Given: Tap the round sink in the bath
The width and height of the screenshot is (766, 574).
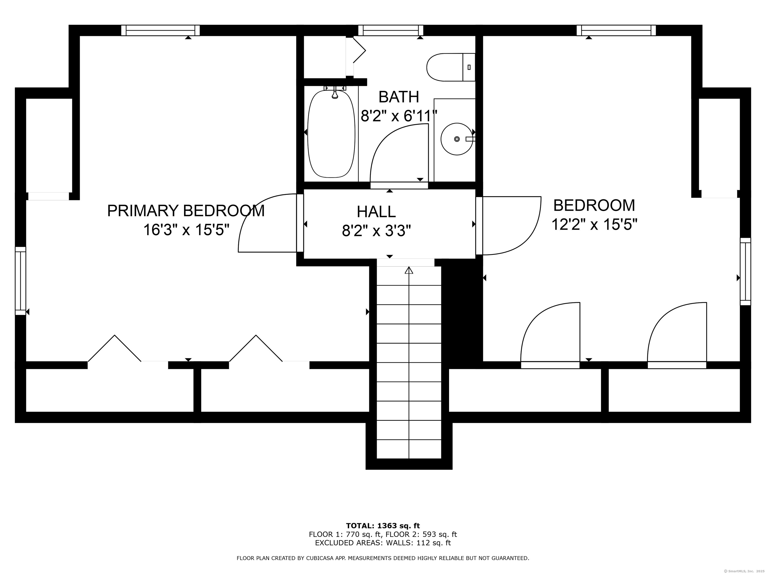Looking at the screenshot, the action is click(457, 139).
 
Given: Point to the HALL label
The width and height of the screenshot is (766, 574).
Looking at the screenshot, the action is click(377, 212).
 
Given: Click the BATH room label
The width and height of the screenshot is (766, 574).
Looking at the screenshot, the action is click(399, 97).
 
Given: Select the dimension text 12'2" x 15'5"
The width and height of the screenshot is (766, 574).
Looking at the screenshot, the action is click(594, 224).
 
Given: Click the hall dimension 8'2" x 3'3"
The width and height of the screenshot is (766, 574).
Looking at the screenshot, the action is click(377, 231).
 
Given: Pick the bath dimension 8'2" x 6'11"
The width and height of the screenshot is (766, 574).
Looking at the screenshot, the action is click(399, 116).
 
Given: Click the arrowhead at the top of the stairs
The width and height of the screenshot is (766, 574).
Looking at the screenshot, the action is click(409, 270).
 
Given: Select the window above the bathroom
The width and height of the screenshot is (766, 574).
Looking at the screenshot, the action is click(391, 30).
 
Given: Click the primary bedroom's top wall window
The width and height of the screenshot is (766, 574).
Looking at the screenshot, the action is click(161, 30).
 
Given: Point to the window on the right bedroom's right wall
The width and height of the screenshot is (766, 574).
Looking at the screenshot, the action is click(746, 272).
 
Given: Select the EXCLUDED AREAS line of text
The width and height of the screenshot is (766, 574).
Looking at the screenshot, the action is click(383, 543).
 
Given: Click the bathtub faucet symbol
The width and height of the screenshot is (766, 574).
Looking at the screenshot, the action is click(335, 92).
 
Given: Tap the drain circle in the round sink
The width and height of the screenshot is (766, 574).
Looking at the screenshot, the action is click(457, 139).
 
